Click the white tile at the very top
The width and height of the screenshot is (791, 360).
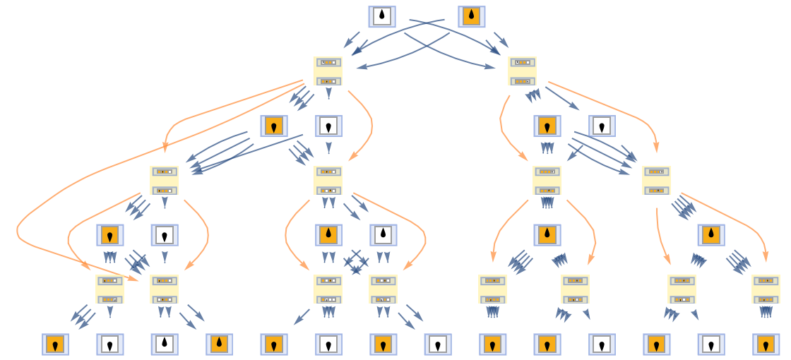[381, 16]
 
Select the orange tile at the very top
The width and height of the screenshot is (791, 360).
[471, 16]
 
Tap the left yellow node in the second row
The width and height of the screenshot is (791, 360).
[328, 71]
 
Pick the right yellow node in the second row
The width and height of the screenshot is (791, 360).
[522, 71]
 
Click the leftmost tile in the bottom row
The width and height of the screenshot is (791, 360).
[55, 344]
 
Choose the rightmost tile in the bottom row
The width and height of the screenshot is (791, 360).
[766, 344]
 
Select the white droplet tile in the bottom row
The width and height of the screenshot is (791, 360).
[164, 344]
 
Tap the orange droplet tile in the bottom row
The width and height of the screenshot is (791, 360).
[219, 344]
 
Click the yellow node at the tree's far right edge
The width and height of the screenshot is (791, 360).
[766, 289]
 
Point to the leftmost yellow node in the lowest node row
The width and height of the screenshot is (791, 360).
[109, 289]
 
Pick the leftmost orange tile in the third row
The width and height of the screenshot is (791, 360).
[273, 126]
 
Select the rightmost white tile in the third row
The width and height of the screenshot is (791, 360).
[602, 126]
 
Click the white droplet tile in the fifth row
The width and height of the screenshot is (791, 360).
[383, 234]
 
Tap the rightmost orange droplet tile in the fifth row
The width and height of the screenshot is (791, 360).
[710, 234]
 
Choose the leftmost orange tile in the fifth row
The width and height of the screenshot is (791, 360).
[109, 234]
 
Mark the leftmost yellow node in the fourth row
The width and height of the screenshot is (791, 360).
[164, 180]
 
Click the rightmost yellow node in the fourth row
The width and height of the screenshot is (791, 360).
[656, 180]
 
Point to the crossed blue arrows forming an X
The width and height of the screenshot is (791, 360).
[356, 261]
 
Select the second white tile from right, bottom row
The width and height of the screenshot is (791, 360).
[602, 344]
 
